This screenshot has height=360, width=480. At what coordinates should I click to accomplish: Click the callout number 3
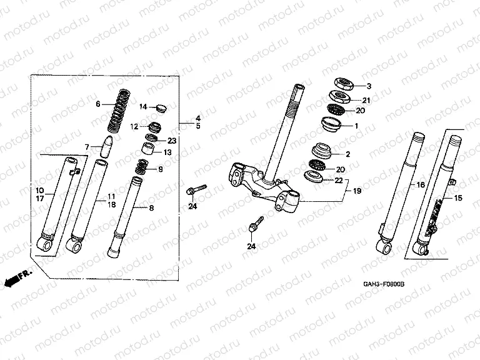pos(369,86)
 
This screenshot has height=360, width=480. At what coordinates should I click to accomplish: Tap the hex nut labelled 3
pos(344,83)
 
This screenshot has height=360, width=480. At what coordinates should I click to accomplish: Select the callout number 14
pos(143,107)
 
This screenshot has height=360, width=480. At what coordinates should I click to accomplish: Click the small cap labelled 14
pos(161,107)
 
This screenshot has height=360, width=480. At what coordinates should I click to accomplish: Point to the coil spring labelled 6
pos(119,111)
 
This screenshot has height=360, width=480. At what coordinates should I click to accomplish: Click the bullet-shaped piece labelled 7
pos(106,146)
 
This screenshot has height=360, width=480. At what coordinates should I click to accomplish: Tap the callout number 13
pos(167,152)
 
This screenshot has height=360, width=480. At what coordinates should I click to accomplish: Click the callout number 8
pos(151,208)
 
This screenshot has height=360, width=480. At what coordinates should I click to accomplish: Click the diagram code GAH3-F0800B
pos(384,284)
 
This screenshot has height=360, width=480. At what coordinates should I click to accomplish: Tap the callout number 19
pos(357,191)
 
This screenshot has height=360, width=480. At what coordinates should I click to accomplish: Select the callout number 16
pos(421,185)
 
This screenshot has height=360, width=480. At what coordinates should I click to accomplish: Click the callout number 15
pos(458,198)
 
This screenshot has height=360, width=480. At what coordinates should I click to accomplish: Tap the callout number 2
pos(347,154)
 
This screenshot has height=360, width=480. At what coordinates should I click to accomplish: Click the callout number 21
pos(366,100)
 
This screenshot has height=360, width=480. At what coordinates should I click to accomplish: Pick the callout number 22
pos(339,180)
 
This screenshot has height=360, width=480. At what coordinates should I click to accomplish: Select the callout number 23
pos(172,141)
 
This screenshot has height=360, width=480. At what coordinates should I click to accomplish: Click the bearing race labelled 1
pos(331,124)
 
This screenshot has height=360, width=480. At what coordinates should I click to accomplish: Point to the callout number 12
pos(134,126)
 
